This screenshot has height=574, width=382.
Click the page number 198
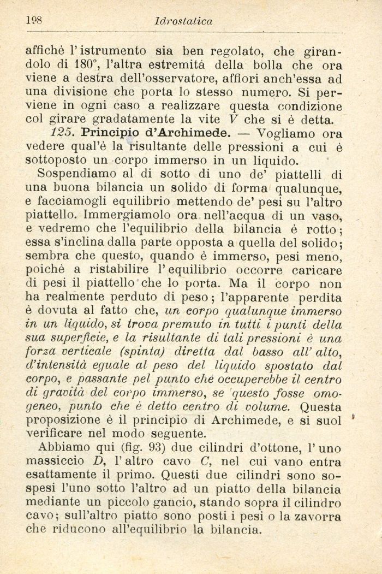(34, 21)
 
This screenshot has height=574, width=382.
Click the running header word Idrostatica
(183, 22)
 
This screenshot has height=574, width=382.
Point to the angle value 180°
(83, 65)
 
